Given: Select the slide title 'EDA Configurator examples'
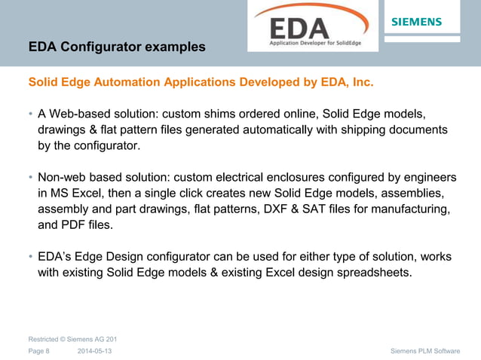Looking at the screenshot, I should point(117,47).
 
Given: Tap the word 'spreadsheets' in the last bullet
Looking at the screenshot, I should point(375,272).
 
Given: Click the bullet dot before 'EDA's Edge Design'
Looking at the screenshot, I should point(31,257).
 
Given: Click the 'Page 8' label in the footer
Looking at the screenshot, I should point(38,351).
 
